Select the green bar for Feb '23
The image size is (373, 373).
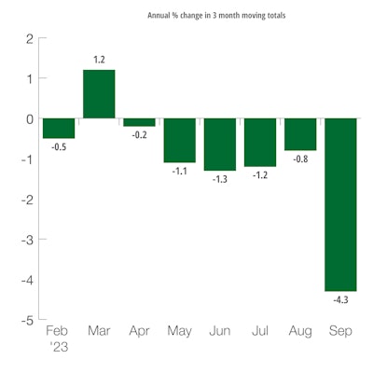[58, 129]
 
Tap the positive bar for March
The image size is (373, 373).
[99, 94]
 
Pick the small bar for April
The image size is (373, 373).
[139, 122]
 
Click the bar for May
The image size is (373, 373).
[179, 140]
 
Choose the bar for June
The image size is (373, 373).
[220, 144]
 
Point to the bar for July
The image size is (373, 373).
[260, 142]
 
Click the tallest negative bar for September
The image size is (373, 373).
[340, 204]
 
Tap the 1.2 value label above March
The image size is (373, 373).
[99, 61]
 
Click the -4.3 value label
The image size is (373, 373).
[340, 299]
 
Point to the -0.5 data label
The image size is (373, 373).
[58, 146]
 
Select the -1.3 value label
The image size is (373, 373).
[220, 178]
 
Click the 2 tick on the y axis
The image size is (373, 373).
[29, 39]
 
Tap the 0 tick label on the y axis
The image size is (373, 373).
[29, 118]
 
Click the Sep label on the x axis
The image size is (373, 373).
[340, 330]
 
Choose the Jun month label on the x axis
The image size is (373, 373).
[220, 330]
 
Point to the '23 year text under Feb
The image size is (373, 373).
[58, 347]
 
